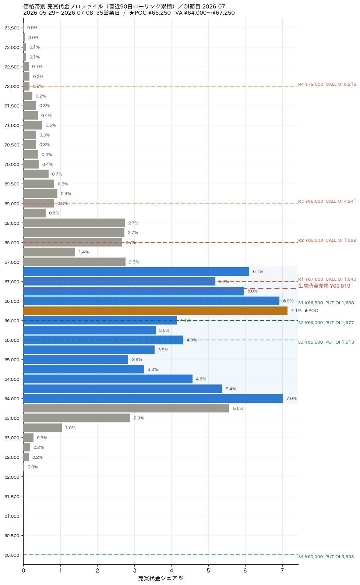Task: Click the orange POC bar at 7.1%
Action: [155, 311]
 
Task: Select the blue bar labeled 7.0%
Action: [153, 398]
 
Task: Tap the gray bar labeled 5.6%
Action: [126, 408]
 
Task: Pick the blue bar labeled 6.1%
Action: [136, 272]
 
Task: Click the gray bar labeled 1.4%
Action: [49, 252]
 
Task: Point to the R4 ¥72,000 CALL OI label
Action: [327, 84]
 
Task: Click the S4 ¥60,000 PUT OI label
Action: [326, 557]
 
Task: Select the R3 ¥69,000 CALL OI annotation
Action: [327, 201]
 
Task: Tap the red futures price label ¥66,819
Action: [324, 286]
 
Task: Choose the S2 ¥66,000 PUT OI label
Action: [326, 323]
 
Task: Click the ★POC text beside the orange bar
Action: [311, 311]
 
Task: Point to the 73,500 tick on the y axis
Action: [12, 28]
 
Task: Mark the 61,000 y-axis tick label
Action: [12, 516]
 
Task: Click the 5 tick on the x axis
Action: [208, 570]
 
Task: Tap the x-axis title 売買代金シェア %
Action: [161, 578]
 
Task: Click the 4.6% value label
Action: [201, 379]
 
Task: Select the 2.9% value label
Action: [139, 418]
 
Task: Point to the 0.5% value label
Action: [51, 125]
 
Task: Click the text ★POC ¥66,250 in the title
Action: [150, 13]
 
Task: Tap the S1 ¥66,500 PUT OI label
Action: [326, 303]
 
